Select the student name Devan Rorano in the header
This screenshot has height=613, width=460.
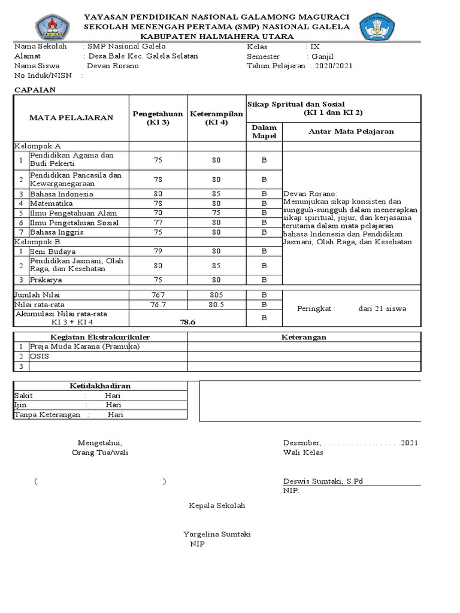coord(113,66)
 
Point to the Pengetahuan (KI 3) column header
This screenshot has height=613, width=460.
coord(158,118)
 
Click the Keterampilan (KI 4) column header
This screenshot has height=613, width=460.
coord(216,118)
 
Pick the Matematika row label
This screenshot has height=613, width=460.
coord(51,204)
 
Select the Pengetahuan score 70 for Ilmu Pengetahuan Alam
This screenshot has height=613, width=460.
coord(158,213)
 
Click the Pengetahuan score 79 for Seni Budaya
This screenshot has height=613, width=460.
coord(158,251)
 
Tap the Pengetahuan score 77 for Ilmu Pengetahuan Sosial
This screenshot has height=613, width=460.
coord(158,223)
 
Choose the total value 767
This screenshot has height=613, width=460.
coord(158,295)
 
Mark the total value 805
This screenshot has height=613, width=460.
coord(216,295)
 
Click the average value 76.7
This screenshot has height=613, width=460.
coord(158,305)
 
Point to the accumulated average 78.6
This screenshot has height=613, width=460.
coord(188,322)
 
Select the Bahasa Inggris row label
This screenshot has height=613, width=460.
coord(53,232)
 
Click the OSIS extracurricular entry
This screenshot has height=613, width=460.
coord(40,356)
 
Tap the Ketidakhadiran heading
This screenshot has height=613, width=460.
coord(100,386)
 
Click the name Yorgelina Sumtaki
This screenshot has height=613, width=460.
coord(217,534)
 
